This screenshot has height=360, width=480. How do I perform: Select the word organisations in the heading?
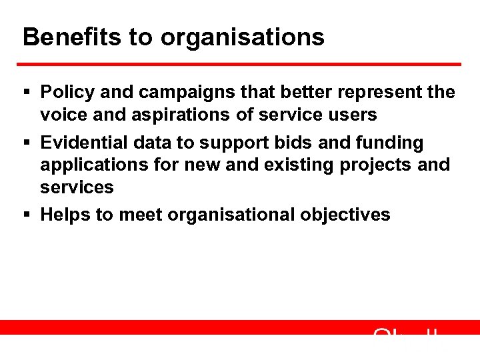243,37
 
